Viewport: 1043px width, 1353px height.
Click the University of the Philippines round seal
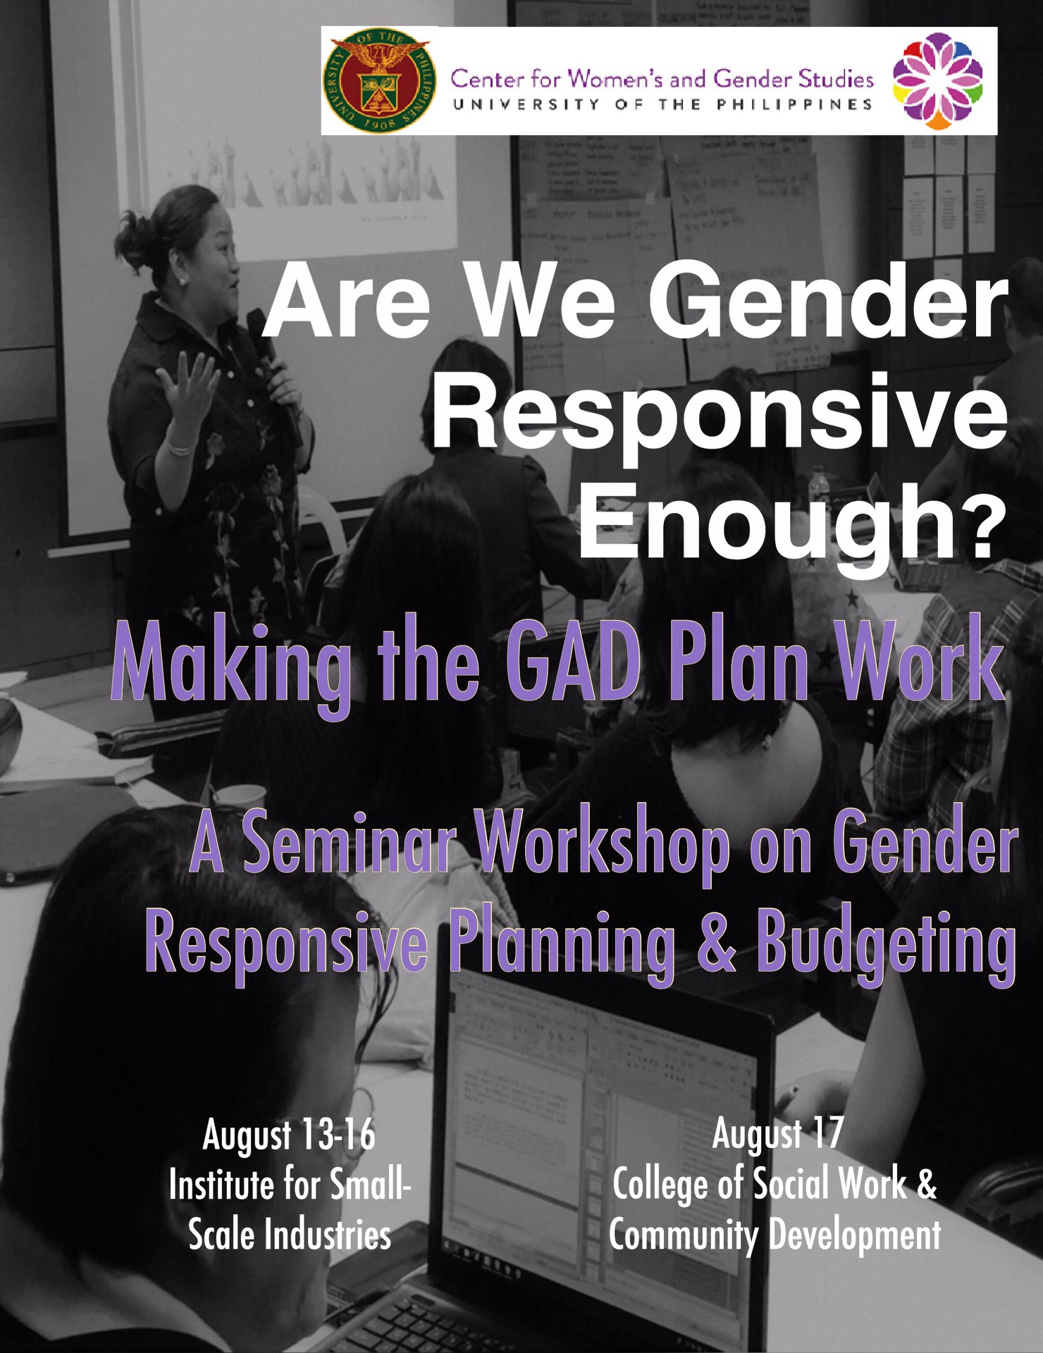(x=379, y=81)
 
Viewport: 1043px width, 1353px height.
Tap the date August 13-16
(x=289, y=1135)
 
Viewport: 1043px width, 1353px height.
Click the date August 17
(x=777, y=1133)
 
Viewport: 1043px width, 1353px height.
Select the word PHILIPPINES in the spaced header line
(x=794, y=104)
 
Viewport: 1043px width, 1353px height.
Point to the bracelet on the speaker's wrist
(x=180, y=447)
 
